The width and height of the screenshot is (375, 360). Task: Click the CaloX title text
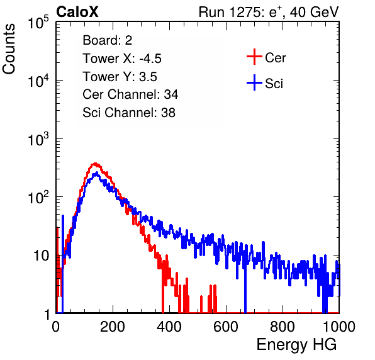77,12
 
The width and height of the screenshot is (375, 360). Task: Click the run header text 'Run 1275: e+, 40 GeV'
269,12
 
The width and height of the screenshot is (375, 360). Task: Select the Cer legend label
275,58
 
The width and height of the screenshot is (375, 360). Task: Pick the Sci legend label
274,84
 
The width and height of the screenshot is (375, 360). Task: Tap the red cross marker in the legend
254,57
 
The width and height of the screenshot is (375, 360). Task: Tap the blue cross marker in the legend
254,82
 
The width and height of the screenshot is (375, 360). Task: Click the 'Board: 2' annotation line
108,40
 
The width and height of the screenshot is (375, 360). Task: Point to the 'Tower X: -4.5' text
122,59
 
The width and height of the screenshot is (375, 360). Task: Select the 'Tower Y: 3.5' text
120,77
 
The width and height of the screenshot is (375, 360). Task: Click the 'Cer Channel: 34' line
130,94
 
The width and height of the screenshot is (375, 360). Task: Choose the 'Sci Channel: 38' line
129,113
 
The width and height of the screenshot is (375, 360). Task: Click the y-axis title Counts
9,49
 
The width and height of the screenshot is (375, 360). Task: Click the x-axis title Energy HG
296,345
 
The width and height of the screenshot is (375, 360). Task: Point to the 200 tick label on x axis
113,327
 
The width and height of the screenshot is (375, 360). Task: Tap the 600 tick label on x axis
226,327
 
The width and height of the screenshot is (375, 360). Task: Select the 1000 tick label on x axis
339,327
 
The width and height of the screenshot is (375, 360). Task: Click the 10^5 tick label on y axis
38,23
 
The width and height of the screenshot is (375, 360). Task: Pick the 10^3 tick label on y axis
38,140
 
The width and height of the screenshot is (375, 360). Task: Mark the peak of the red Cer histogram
95,164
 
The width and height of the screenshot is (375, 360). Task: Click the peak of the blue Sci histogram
97,172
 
